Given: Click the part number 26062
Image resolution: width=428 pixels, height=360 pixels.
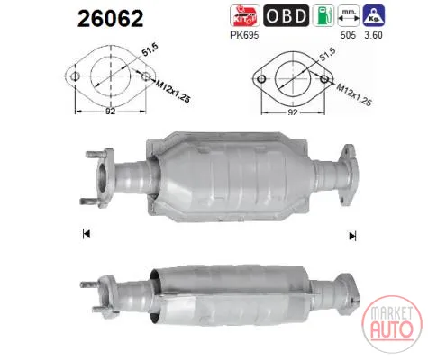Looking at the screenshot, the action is pyautogui.click(x=111, y=19).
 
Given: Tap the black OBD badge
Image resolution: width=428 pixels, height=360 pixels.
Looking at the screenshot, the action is pyautogui.click(x=286, y=15).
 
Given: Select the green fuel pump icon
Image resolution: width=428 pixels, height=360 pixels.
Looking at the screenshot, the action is pyautogui.click(x=323, y=15).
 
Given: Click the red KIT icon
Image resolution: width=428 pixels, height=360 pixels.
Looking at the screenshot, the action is pyautogui.click(x=245, y=15).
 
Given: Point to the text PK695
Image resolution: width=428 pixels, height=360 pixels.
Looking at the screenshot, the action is pyautogui.click(x=244, y=35).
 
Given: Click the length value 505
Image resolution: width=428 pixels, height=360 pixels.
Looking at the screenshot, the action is pyautogui.click(x=348, y=35).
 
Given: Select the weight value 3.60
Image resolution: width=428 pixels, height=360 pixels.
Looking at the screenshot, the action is pyautogui.click(x=373, y=35).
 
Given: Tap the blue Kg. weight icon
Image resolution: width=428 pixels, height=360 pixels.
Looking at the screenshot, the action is pyautogui.click(x=374, y=15).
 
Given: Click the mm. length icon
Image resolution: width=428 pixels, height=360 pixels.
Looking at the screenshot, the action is pyautogui.click(x=349, y=15).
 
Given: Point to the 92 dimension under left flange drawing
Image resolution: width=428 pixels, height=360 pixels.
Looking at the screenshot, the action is pyautogui.click(x=110, y=112).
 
